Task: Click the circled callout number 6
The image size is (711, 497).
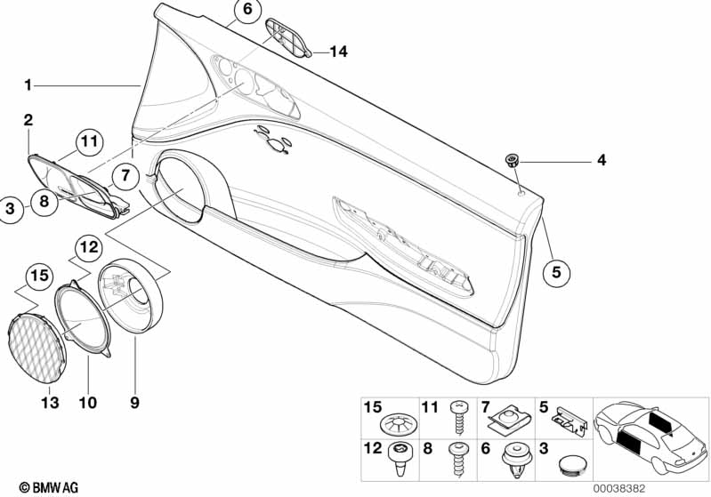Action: coord(247,10)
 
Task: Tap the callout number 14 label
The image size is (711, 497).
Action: coord(339,52)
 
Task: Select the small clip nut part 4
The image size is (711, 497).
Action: coord(513,160)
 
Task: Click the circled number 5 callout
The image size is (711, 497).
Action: coord(556,272)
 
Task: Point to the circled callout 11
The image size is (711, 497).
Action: coord(89,141)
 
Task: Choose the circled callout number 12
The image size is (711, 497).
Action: coord(89,247)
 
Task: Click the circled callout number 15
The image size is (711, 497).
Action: coord(39,275)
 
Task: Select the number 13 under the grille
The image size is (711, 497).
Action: coord(50,402)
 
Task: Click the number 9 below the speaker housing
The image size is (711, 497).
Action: coord(134,402)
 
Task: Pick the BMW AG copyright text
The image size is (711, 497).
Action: coord(49,487)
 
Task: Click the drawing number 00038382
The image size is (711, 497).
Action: coord(619,488)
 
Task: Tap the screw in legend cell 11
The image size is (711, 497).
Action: coord(457,418)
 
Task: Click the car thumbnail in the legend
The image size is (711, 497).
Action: coord(650,437)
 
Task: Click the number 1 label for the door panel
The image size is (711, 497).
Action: coord(28,84)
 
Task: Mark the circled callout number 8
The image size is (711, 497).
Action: coord(44,201)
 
